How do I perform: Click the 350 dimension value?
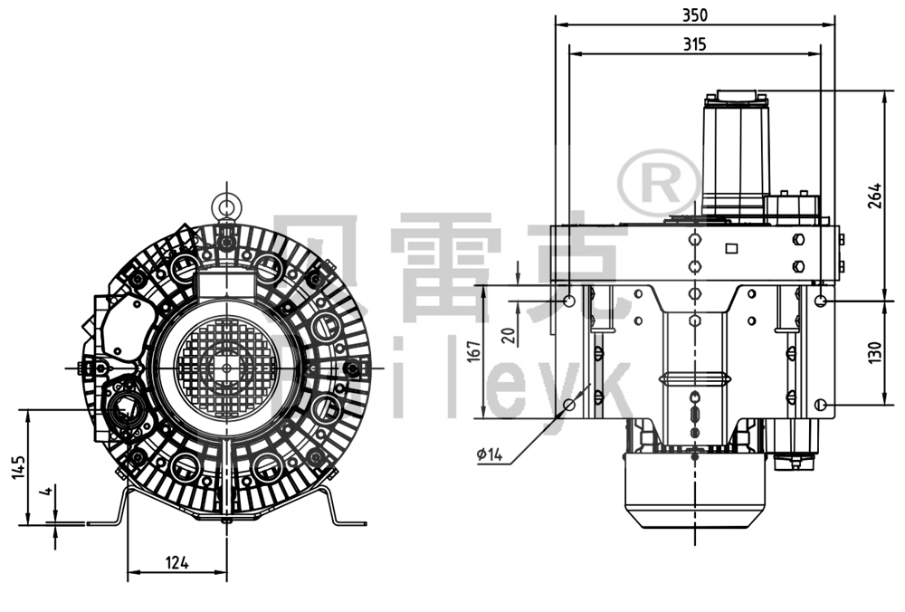pyautogui.click(x=695, y=14)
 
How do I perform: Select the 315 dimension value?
pyautogui.click(x=695, y=43)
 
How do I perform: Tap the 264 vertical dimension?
pyautogui.click(x=874, y=196)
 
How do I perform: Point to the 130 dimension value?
pyautogui.click(x=874, y=352)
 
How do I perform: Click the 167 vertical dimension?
pyautogui.click(x=472, y=351)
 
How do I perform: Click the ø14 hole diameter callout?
pyautogui.click(x=489, y=455)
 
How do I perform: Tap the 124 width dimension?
pyautogui.click(x=177, y=562)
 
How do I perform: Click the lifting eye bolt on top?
pyautogui.click(x=224, y=205)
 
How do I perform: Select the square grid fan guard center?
pyautogui.click(x=224, y=367)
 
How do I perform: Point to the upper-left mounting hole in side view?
pyautogui.click(x=568, y=300)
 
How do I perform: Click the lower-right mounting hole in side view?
pyautogui.click(x=820, y=404)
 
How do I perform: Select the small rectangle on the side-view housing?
pyautogui.click(x=731, y=247)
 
